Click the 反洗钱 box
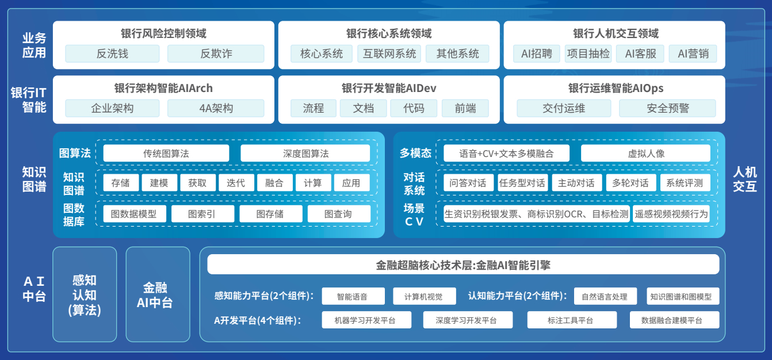[112, 53]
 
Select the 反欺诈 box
[216, 53]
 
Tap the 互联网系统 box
[389, 53]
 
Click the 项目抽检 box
[588, 53]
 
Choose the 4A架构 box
[216, 108]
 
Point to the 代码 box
[414, 108]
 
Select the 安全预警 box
[667, 108]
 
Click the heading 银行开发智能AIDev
[389, 88]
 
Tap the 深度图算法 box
[305, 154]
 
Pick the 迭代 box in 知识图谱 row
[236, 183]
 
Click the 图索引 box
[202, 214]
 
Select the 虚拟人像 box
[645, 154]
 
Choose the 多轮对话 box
[630, 183]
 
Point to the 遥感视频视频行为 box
[671, 214]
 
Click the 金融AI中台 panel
[158, 294]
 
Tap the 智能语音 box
[352, 297]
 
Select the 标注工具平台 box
[572, 320]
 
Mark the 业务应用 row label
[34, 45]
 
